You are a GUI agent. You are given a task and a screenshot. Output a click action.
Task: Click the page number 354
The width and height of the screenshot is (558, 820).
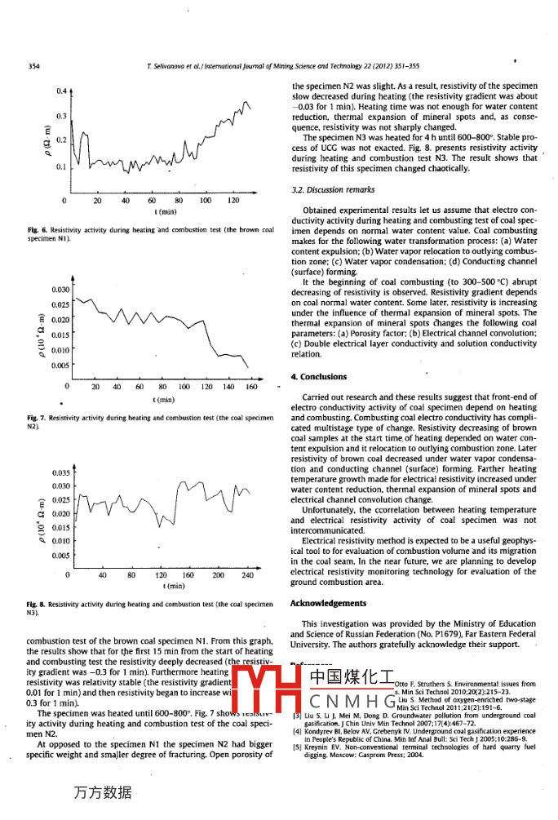[34, 66]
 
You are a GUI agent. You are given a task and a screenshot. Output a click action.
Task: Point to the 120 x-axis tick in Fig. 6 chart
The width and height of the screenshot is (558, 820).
[232, 200]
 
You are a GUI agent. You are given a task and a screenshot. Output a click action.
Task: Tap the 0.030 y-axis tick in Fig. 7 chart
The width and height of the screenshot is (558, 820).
[60, 290]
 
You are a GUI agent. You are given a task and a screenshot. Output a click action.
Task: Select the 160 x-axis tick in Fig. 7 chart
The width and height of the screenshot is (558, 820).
[251, 387]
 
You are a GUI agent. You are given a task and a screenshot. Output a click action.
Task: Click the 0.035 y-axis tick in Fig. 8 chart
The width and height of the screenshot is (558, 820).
[60, 473]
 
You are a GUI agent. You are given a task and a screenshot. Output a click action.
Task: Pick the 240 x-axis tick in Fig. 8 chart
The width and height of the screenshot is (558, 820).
[248, 574]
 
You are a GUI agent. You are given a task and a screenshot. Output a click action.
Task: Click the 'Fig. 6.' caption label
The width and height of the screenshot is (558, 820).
[37, 231]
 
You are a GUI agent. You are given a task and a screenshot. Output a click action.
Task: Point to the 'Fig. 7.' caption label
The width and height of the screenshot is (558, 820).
[37, 418]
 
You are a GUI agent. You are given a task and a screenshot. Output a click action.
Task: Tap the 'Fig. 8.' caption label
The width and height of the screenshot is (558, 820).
[37, 604]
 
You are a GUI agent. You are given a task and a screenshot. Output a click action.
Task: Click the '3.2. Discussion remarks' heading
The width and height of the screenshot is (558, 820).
[333, 190]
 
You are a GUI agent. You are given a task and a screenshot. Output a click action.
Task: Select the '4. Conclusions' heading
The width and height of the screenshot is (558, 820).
[318, 377]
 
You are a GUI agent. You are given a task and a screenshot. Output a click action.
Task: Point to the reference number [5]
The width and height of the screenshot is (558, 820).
[297, 746]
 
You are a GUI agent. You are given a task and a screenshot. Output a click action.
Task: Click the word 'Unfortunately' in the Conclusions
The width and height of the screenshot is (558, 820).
[327, 510]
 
